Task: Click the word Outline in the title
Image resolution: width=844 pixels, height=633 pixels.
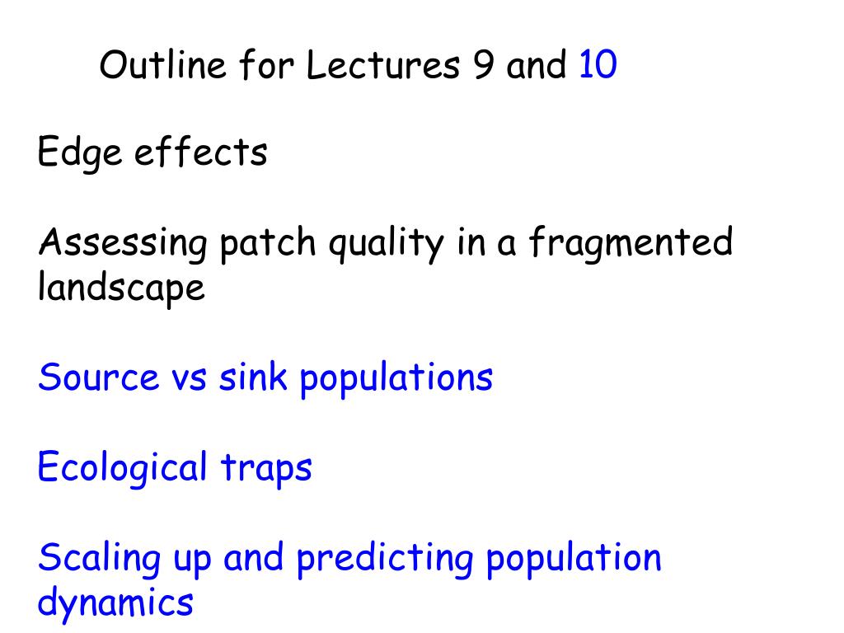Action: tap(162, 64)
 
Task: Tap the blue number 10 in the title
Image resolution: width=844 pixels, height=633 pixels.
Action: tap(598, 64)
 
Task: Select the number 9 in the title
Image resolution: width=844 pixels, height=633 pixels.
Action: tap(483, 65)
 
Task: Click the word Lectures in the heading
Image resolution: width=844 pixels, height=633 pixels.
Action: tap(383, 64)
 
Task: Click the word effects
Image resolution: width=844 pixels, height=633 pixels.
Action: tap(201, 151)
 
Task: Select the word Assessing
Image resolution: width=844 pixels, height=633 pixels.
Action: tap(124, 244)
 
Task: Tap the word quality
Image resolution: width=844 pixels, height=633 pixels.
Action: tap(387, 244)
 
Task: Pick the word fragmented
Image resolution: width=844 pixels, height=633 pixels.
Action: tap(631, 243)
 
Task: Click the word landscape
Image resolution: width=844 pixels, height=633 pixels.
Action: tap(121, 288)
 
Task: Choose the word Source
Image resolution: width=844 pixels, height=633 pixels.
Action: tap(99, 377)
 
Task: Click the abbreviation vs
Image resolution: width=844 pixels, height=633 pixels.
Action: tap(189, 380)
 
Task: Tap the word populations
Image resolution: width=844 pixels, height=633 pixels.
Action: tap(396, 379)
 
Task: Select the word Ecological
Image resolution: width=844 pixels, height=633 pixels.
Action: tap(122, 468)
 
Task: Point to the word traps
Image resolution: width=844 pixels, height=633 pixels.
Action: tap(266, 469)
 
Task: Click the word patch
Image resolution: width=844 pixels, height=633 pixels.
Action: tap(268, 244)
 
